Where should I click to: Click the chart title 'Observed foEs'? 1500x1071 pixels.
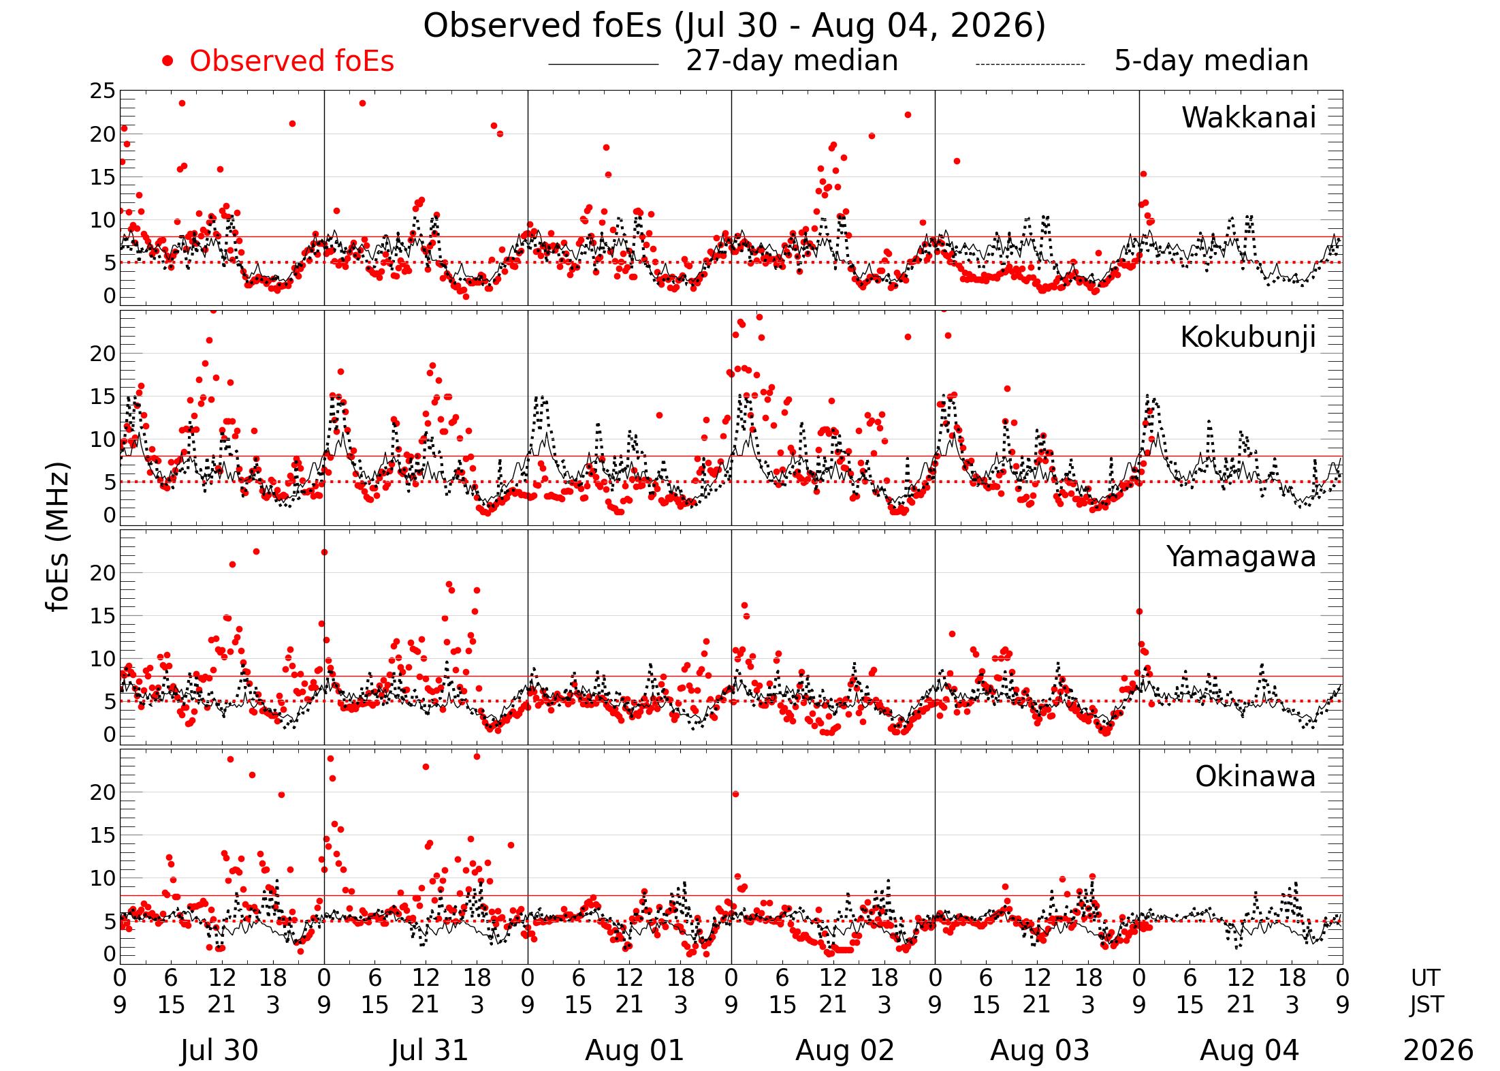(542, 26)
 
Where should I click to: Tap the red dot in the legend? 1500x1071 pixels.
(167, 61)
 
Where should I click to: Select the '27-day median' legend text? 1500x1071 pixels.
(792, 61)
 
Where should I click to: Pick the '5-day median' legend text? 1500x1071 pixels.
(1211, 61)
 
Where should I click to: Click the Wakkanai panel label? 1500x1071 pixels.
(1249, 118)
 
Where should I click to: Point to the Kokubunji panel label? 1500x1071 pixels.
(1248, 338)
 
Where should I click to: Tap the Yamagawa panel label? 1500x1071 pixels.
(1241, 557)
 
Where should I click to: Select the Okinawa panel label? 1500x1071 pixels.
(1256, 777)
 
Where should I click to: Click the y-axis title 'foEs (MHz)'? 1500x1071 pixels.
(59, 538)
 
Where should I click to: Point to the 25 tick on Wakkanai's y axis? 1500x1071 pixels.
(103, 91)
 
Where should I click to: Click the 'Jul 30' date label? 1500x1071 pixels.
(219, 1050)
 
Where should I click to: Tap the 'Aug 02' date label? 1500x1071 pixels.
(844, 1050)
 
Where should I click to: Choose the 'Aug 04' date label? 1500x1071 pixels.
(1249, 1050)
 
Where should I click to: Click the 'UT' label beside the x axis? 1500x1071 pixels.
(1425, 978)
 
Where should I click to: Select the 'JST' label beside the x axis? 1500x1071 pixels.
(1426, 1005)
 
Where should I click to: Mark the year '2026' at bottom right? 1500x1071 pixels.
(1438, 1051)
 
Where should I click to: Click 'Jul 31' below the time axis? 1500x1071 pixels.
(430, 1050)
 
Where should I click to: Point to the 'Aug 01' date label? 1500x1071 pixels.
(634, 1050)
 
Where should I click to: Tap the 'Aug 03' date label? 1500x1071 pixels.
(1040, 1050)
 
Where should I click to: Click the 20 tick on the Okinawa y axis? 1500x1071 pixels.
(103, 792)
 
